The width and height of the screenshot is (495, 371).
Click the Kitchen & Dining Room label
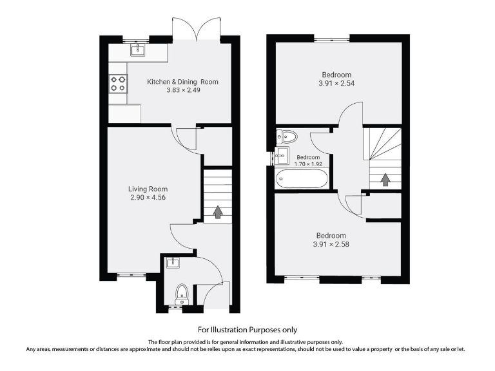182,82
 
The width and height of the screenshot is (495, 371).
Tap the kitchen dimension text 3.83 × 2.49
182,91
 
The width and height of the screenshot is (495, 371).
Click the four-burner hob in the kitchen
118,83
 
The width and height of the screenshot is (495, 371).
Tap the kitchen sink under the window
137,50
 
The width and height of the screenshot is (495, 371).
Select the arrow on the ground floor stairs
218,211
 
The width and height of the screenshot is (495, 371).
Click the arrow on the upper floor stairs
385,179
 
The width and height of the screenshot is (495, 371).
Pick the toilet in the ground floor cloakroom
181,292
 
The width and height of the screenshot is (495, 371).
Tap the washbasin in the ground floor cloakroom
170,262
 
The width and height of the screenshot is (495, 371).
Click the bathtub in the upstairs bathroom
302,178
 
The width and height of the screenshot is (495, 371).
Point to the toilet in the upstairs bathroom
287,136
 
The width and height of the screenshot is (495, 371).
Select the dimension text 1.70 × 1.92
307,164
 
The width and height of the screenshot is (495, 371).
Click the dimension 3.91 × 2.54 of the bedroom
336,83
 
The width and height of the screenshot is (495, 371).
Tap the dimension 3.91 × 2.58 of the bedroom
331,244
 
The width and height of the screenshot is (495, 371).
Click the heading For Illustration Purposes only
247,329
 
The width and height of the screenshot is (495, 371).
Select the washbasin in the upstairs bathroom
281,155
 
